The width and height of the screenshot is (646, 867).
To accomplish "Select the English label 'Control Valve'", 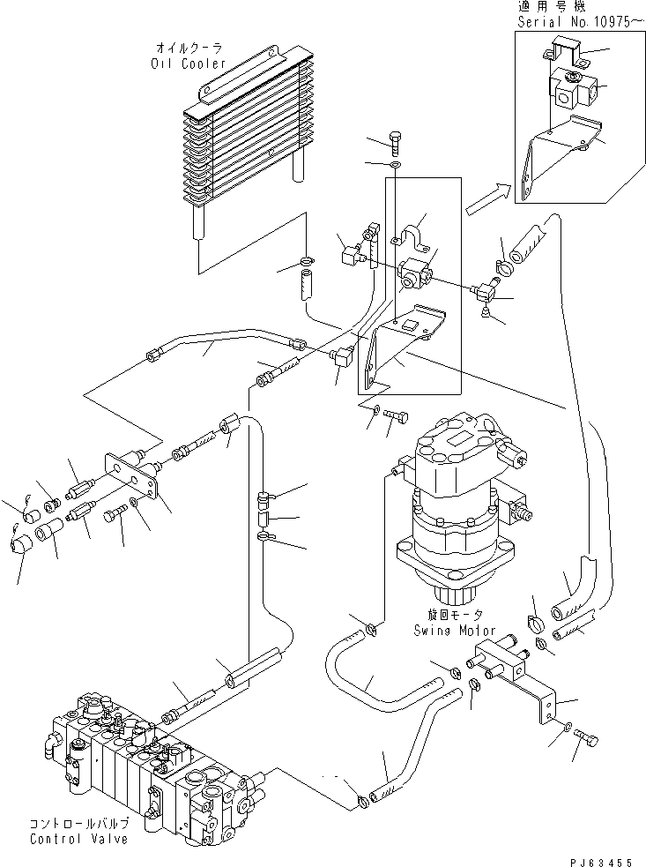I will [x=79, y=838].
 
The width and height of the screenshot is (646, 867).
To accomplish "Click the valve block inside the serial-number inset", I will [x=573, y=90].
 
